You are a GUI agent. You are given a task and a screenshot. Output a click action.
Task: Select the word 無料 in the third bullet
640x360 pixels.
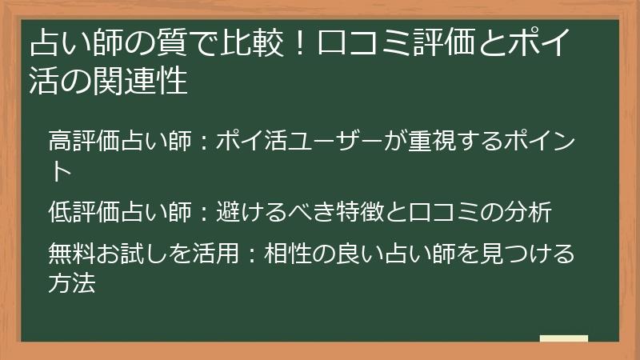tap(70, 255)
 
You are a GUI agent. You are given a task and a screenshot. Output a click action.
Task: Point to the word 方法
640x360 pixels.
tap(71, 282)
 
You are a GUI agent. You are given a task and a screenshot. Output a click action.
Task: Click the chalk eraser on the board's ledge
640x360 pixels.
tap(564, 338)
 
